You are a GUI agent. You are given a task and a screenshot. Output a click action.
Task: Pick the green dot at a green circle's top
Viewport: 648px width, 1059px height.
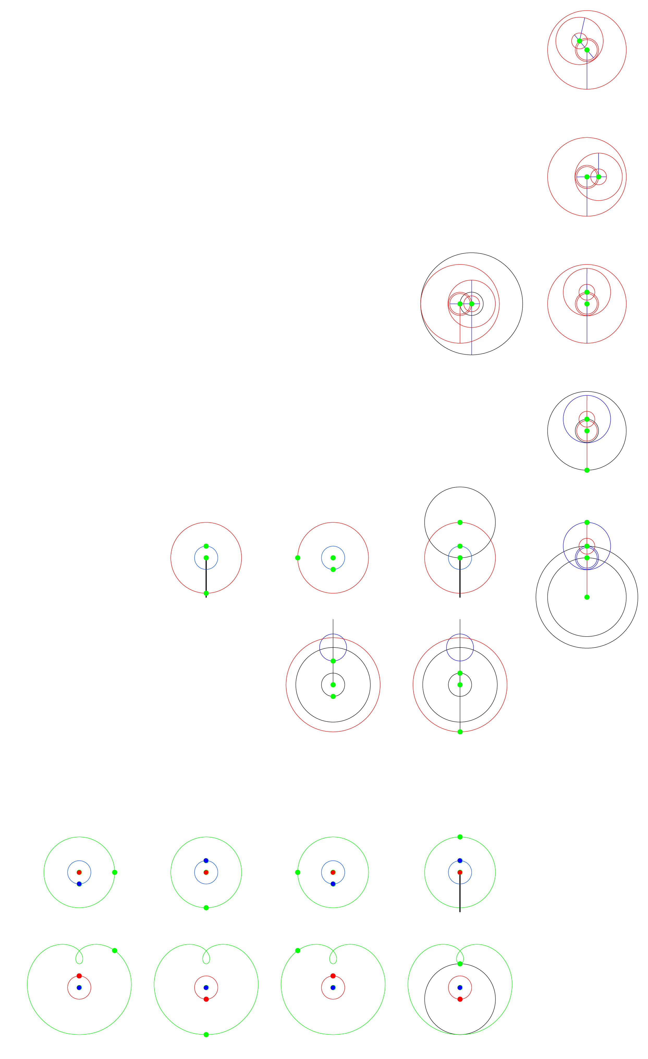[x=460, y=837]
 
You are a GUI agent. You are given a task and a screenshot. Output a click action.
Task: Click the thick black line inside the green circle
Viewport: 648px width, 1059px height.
[x=460, y=894]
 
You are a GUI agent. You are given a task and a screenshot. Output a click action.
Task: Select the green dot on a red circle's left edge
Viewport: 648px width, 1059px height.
[x=297, y=558]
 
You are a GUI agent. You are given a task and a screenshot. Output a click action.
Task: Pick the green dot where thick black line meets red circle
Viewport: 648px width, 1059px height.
[x=206, y=593]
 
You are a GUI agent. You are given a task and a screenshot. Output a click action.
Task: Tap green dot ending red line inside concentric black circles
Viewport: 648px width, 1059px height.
[x=586, y=597]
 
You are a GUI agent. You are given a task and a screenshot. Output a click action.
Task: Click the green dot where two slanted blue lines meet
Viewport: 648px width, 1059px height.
[x=579, y=41]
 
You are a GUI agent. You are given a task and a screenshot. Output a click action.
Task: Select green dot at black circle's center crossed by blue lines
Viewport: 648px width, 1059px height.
[x=471, y=304]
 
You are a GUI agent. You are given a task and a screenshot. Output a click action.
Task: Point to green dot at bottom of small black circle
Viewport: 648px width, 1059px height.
[x=333, y=696]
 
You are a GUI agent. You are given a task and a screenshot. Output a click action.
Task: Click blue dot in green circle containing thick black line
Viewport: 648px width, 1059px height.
[x=460, y=861]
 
